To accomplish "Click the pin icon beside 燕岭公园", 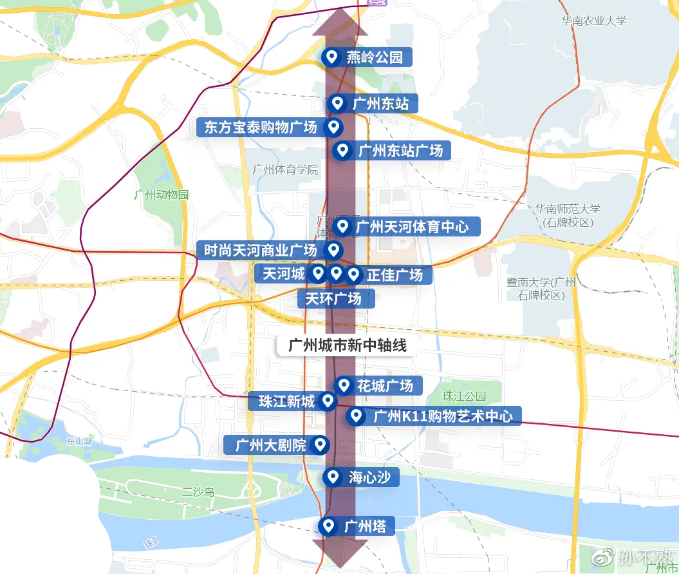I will pyautogui.click(x=332, y=57).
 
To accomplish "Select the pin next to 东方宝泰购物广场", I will pyautogui.click(x=333, y=128).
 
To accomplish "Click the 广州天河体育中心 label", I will pyautogui.click(x=417, y=227).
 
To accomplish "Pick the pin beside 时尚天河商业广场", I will pyautogui.click(x=333, y=250).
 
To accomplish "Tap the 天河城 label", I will pyautogui.click(x=281, y=274).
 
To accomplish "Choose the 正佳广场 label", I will pyautogui.click(x=395, y=275).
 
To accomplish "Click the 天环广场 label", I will pyautogui.click(x=333, y=298).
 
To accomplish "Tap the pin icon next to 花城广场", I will pyautogui.click(x=343, y=385).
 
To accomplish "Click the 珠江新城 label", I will pyautogui.click(x=286, y=402).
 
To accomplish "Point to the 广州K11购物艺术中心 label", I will pyautogui.click(x=443, y=416).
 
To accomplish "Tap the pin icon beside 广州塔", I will pyautogui.click(x=329, y=526).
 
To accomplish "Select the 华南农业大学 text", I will pyautogui.click(x=593, y=21).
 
